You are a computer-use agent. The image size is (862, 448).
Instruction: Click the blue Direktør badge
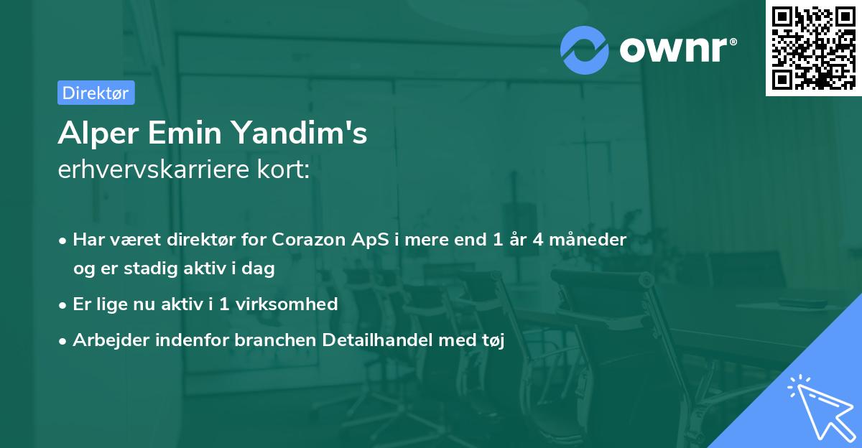pos(96,93)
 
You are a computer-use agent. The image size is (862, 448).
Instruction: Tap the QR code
pos(813,47)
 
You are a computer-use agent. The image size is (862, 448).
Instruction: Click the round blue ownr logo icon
pos(585,50)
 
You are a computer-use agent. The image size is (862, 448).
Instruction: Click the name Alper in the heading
pos(98,134)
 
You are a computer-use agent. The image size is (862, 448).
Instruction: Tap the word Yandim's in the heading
pos(300,133)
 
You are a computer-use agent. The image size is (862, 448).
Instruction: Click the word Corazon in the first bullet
pos(309,240)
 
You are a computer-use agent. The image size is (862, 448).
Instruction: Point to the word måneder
pos(588,239)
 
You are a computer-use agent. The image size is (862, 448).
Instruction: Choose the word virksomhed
pos(287,304)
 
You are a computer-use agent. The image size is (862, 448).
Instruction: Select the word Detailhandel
pos(377,340)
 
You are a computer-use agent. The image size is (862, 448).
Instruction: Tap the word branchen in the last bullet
pos(275,340)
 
